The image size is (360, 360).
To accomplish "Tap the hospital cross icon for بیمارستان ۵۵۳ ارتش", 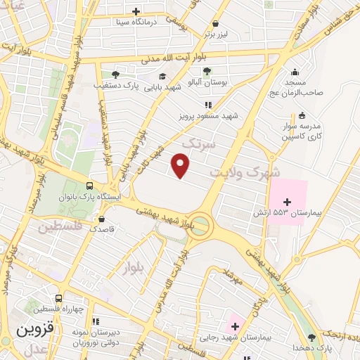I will point(286,202).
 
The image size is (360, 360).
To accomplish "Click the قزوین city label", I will point(34,329).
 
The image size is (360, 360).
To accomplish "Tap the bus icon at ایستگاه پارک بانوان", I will point(89,186).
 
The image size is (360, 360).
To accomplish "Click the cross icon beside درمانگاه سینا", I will point(136,12).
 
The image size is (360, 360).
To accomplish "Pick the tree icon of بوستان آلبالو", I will point(207,71).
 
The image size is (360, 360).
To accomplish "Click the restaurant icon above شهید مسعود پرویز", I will point(207,105).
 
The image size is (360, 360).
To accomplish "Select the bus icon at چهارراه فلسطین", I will point(59,297).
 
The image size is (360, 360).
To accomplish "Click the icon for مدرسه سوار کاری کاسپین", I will point(302,115).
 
